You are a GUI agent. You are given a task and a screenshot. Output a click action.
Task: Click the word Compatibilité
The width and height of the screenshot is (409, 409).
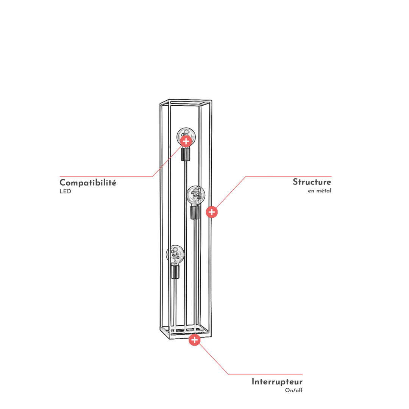coord(88,183)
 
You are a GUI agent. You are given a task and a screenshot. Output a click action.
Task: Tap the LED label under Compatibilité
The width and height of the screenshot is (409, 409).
coord(65,192)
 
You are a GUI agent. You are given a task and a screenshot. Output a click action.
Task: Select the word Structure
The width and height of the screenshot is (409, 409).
coord(312,182)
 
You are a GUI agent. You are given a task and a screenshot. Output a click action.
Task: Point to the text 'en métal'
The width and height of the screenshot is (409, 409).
coord(320,190)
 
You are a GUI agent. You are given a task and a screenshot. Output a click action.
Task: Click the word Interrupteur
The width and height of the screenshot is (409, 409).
coord(277,382)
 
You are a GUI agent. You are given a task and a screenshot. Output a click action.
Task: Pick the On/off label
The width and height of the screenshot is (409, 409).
coord(294,390)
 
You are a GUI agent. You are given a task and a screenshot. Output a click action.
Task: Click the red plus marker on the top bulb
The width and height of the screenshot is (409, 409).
coord(186,141)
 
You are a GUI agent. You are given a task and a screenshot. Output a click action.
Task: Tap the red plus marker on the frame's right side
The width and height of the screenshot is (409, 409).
coord(212,212)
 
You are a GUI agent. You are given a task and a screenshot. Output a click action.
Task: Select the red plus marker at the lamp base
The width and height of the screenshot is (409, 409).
coord(195,340)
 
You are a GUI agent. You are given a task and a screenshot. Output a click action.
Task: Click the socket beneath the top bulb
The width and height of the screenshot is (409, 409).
coord(186,154)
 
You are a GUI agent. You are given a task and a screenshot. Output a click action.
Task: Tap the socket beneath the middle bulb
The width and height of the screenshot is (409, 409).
coord(195,212)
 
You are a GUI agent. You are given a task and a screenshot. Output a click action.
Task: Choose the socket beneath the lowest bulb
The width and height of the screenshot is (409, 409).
coord(175,272)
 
